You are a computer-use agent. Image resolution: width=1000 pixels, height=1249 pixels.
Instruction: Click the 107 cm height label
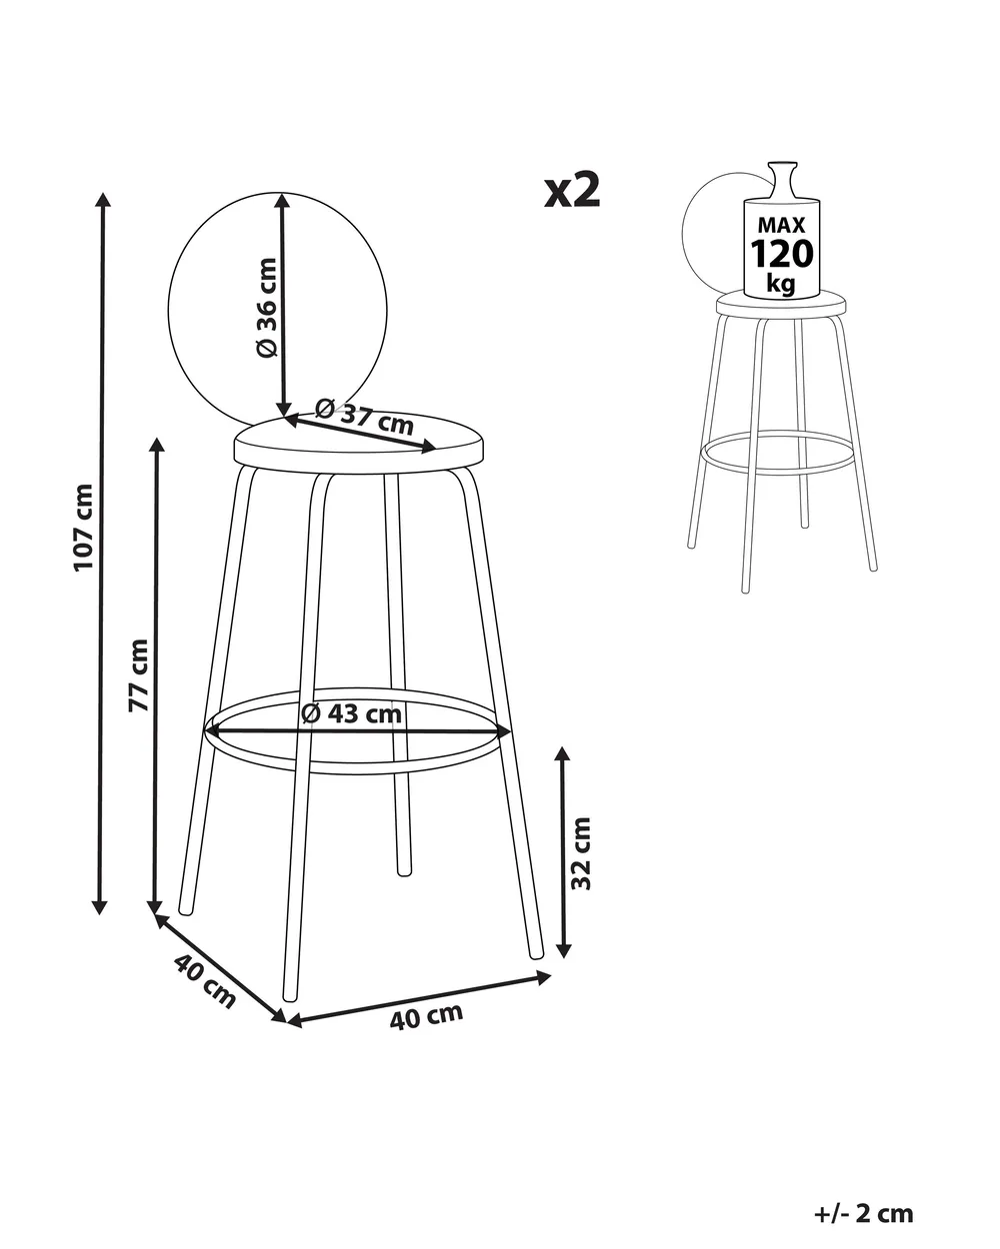[x=84, y=528]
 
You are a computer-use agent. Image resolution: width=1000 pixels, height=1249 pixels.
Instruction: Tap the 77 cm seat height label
[x=139, y=674]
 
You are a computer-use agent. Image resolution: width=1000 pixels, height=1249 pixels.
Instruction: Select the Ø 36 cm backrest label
[x=266, y=307]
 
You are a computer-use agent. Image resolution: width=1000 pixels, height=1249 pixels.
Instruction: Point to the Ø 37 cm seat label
[x=364, y=416]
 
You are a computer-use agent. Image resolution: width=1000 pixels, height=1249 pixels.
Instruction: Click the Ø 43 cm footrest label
[x=352, y=713]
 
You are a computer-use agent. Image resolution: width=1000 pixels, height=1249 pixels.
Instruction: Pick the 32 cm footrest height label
[x=581, y=853]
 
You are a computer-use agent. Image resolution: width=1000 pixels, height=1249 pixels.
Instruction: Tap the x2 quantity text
[x=572, y=191]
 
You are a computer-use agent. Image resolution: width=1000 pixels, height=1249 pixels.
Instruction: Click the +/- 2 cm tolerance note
[x=863, y=1198]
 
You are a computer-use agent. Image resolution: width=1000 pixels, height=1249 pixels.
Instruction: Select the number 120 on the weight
[x=782, y=254]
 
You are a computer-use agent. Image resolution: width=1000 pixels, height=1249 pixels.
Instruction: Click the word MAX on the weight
[x=782, y=225]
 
